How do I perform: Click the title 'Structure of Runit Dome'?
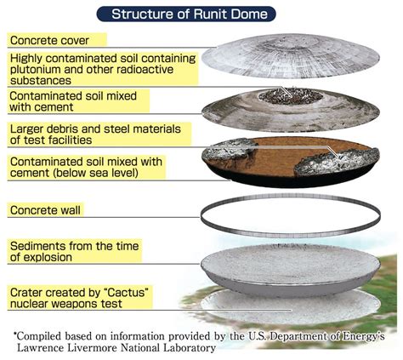point(190,14)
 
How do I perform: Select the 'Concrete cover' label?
point(49,40)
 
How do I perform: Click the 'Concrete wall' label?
point(45,210)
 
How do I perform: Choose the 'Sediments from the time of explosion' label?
point(74,251)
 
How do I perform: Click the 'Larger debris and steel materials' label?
point(95,134)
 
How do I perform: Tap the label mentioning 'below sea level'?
point(86,167)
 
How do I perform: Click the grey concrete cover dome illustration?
point(291,56)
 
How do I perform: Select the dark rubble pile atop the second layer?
point(291,96)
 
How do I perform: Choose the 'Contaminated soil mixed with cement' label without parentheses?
point(73,101)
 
